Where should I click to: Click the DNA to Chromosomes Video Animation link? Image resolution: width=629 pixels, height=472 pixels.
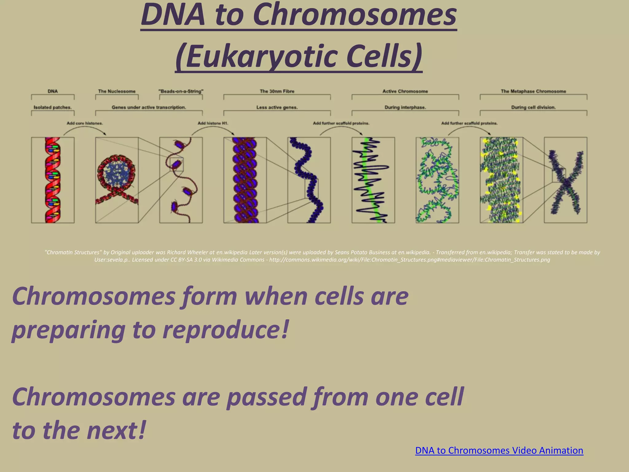click(x=499, y=450)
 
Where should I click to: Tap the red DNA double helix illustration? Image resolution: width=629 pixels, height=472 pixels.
click(x=53, y=180)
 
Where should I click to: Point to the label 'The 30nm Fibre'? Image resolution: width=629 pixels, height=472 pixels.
click(x=277, y=91)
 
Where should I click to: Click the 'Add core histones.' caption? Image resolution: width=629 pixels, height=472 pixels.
click(x=85, y=123)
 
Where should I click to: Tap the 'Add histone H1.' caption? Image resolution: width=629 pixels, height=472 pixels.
click(x=213, y=123)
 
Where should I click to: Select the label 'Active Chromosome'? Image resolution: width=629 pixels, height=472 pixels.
click(x=405, y=91)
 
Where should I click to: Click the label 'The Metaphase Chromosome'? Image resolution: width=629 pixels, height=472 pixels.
click(x=533, y=91)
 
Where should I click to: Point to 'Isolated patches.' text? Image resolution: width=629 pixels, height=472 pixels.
click(x=53, y=107)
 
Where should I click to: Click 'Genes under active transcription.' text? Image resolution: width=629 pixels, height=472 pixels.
click(x=149, y=107)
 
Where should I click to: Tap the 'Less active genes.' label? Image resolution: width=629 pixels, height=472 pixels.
click(x=277, y=107)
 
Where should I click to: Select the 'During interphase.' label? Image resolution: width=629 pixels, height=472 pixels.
click(x=405, y=107)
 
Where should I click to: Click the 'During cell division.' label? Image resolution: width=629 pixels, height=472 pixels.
click(x=533, y=107)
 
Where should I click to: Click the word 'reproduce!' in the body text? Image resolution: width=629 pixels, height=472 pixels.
click(x=226, y=329)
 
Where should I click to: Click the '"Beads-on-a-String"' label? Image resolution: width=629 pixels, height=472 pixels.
click(x=181, y=91)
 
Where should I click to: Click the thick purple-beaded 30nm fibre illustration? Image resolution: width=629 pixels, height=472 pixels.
click(x=245, y=180)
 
